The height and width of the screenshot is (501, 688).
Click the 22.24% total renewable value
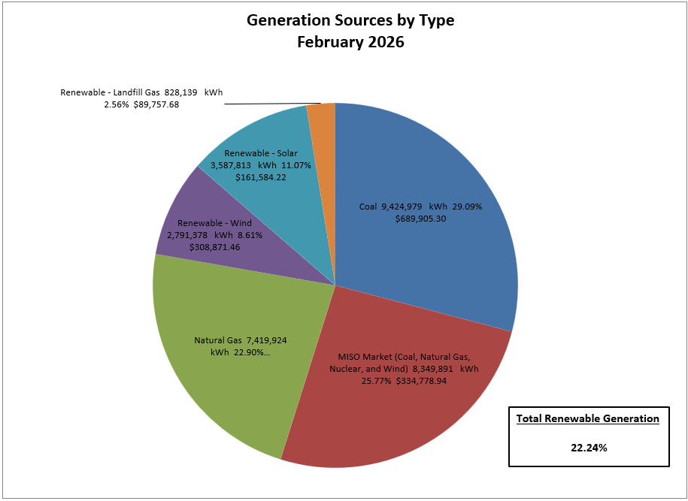click(589, 448)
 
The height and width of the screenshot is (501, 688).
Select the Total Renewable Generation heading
click(587, 418)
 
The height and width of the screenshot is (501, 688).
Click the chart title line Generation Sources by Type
click(350, 20)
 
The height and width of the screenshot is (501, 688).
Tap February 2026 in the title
click(350, 42)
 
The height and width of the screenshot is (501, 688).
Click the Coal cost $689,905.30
click(421, 219)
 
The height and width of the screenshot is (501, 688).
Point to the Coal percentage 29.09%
click(466, 207)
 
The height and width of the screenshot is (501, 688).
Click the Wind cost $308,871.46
click(215, 247)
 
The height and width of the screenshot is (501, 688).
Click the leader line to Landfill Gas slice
click(271, 104)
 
